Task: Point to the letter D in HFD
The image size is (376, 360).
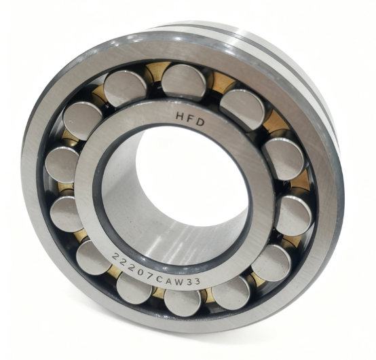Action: point(200,122)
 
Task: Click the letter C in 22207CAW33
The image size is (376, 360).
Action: point(159,279)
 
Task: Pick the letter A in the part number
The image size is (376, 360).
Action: point(169,281)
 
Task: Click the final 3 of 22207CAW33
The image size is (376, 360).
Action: point(197,281)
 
